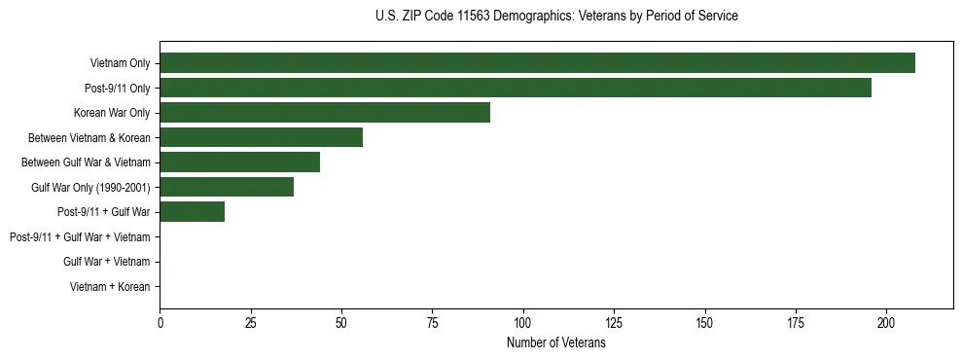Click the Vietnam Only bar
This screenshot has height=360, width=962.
tap(537, 63)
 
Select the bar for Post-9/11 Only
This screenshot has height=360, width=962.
tap(516, 88)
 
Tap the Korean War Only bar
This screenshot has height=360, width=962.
tap(325, 113)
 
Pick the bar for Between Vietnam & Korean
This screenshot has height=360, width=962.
tap(261, 137)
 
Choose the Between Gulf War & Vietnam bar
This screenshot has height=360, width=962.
tap(239, 162)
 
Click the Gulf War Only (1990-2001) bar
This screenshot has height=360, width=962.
tap(227, 187)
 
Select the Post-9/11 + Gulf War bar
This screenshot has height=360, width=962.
tap(192, 212)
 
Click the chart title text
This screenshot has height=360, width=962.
tap(556, 17)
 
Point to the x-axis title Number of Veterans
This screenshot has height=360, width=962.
tap(556, 342)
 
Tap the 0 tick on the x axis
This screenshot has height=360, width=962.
tap(160, 322)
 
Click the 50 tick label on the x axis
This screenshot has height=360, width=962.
tap(341, 322)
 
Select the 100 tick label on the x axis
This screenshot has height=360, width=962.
tap(523, 322)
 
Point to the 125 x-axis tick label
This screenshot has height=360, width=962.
tap(614, 322)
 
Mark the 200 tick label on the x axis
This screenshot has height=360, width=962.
tap(886, 322)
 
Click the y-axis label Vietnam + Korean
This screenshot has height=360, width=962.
tap(110, 287)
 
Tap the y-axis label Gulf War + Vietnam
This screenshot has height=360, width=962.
tap(106, 262)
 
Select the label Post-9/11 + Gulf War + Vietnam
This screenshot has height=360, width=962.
tap(80, 237)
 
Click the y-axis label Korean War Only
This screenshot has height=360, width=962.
tap(112, 113)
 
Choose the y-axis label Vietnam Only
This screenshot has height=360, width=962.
tap(120, 63)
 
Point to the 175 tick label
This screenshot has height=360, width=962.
tap(796, 322)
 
